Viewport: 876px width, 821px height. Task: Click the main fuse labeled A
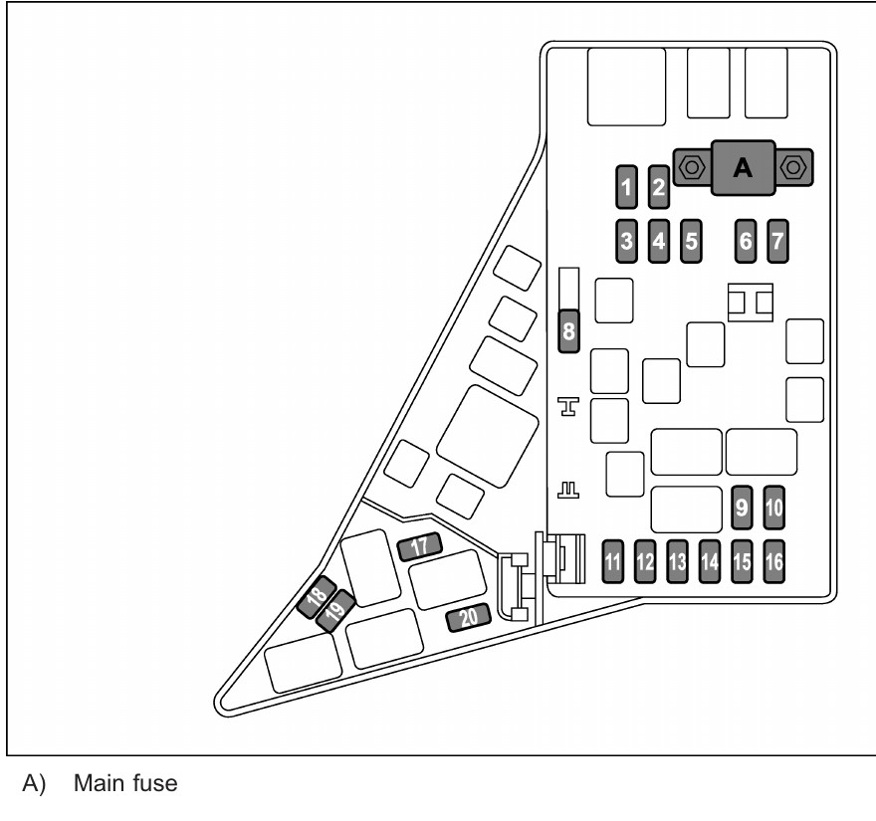(743, 167)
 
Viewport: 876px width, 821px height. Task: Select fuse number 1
(626, 187)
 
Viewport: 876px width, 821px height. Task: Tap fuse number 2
(659, 187)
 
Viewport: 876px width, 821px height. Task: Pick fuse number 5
(691, 241)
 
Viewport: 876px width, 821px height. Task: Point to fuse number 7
(777, 241)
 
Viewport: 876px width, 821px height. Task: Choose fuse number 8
(568, 330)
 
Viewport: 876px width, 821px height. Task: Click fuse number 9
(742, 508)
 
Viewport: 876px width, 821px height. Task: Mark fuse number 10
(773, 508)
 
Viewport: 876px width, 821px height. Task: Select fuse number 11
(613, 561)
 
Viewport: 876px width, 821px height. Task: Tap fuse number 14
(710, 561)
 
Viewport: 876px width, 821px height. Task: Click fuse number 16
(773, 561)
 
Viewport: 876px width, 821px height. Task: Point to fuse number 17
(419, 546)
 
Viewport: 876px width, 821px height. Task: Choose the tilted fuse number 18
(317, 597)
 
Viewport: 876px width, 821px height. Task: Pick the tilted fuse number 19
(335, 611)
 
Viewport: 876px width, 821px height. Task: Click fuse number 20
(469, 618)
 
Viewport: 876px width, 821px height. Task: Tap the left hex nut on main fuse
(692, 167)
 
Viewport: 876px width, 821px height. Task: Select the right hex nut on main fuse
(792, 167)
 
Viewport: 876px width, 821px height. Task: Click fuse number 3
(626, 241)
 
